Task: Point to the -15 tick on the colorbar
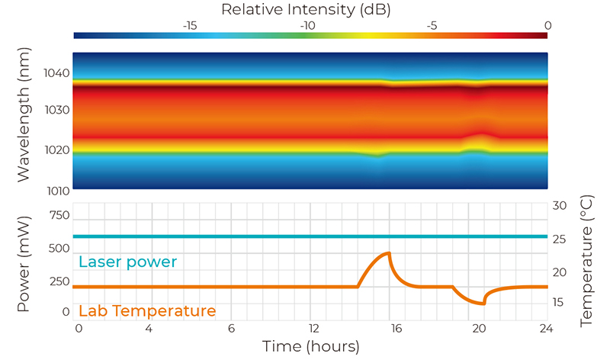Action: [x=190, y=25]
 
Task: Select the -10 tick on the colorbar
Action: [x=308, y=25]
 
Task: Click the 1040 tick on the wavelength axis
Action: [x=56, y=74]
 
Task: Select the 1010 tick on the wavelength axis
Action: [x=56, y=189]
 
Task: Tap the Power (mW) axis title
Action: [x=25, y=259]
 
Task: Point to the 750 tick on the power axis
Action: [x=59, y=215]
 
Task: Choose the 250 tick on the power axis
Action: [x=59, y=281]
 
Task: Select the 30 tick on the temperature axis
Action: [x=559, y=206]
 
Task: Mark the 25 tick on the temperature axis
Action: [x=559, y=239]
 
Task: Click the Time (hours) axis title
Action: [x=311, y=347]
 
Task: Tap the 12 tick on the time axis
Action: [x=311, y=328]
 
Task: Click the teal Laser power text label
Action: [x=127, y=262]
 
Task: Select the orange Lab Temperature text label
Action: [x=147, y=311]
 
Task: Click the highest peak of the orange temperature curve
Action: [x=390, y=253]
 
